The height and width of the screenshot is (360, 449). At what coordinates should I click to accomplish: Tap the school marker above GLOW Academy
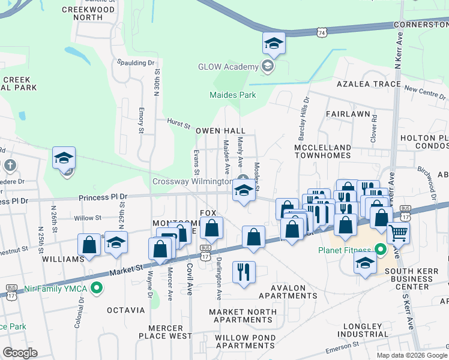point(274,44)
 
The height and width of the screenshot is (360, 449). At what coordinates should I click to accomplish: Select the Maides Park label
point(232,95)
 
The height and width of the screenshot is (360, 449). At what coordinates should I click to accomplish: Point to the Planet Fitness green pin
point(379,249)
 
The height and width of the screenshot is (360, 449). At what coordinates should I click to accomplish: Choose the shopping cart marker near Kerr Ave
point(398,233)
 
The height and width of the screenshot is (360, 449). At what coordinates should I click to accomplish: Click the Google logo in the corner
point(20,353)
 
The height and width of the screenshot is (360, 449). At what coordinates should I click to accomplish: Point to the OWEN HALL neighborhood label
point(221,131)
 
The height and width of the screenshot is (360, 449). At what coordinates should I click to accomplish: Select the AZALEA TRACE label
point(360,84)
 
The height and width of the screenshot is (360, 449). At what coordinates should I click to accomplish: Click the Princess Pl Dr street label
point(104,197)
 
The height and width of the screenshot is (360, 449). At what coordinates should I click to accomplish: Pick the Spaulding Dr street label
point(136,63)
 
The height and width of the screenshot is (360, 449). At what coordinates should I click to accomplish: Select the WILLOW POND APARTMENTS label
point(245,346)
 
